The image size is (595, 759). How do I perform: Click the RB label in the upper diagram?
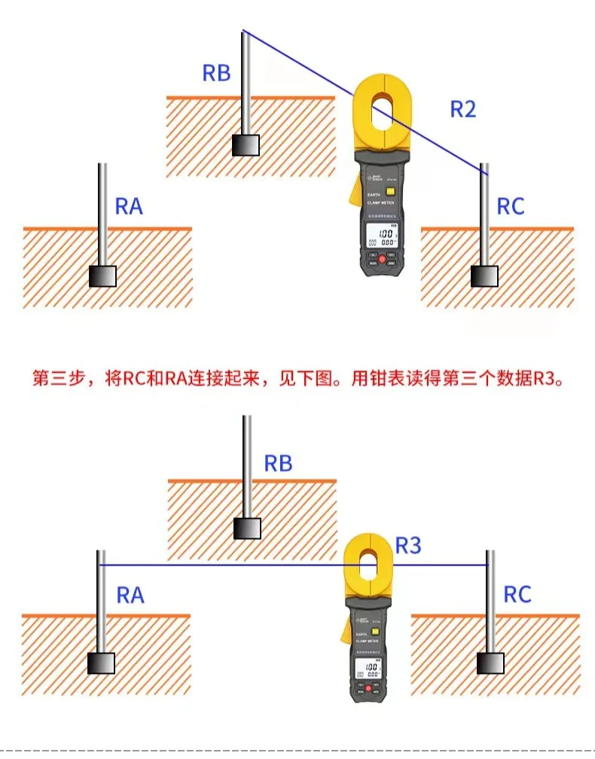click(216, 73)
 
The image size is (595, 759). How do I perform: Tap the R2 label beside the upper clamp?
click(463, 108)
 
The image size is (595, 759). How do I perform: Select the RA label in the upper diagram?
click(129, 206)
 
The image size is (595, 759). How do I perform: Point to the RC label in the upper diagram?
click(511, 206)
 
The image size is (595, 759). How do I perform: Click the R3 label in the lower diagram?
click(408, 545)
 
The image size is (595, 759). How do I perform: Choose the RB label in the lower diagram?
click(278, 463)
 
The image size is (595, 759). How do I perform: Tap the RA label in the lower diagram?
click(130, 596)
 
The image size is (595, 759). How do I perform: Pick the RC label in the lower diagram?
click(517, 595)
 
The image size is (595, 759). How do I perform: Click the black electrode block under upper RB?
click(246, 145)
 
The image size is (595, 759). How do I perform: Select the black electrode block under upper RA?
click(103, 276)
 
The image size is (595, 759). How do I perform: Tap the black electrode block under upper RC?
click(484, 276)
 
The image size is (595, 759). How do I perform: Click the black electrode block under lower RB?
click(246, 528)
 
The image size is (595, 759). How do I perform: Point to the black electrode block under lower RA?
click(102, 663)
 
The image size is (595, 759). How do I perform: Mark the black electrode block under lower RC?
click(492, 663)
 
